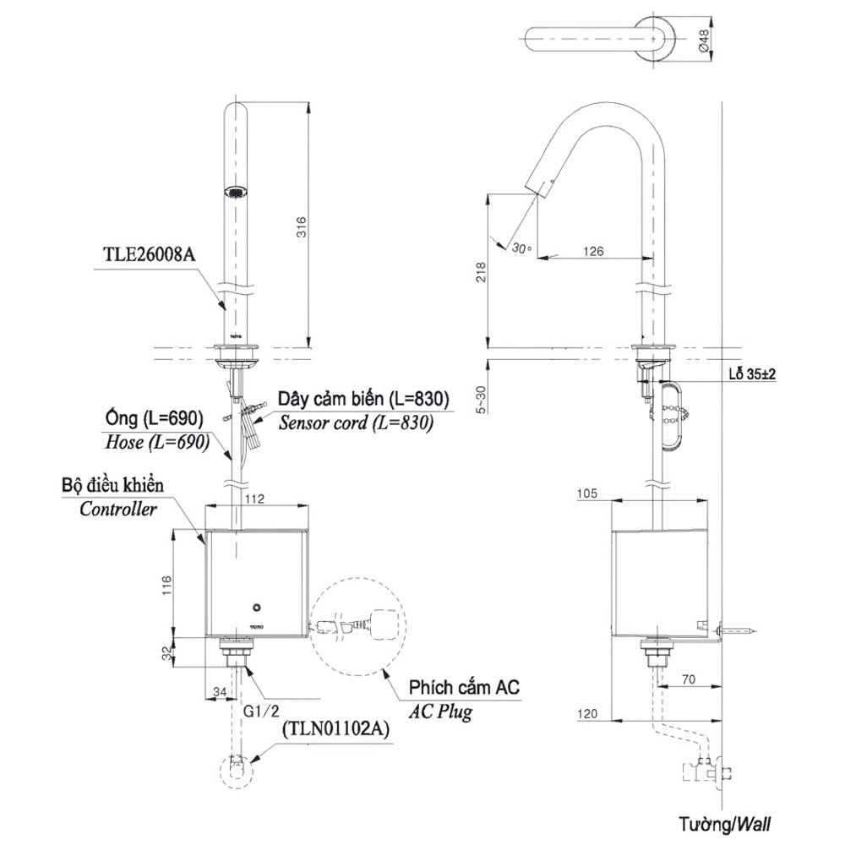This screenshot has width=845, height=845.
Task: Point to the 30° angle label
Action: tap(521, 248)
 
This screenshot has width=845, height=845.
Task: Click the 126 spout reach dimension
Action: tap(593, 251)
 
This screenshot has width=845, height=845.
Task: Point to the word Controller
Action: tap(118, 509)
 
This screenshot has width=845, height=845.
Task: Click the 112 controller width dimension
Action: tap(253, 499)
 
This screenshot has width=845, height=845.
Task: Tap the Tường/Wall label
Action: tap(723, 822)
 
